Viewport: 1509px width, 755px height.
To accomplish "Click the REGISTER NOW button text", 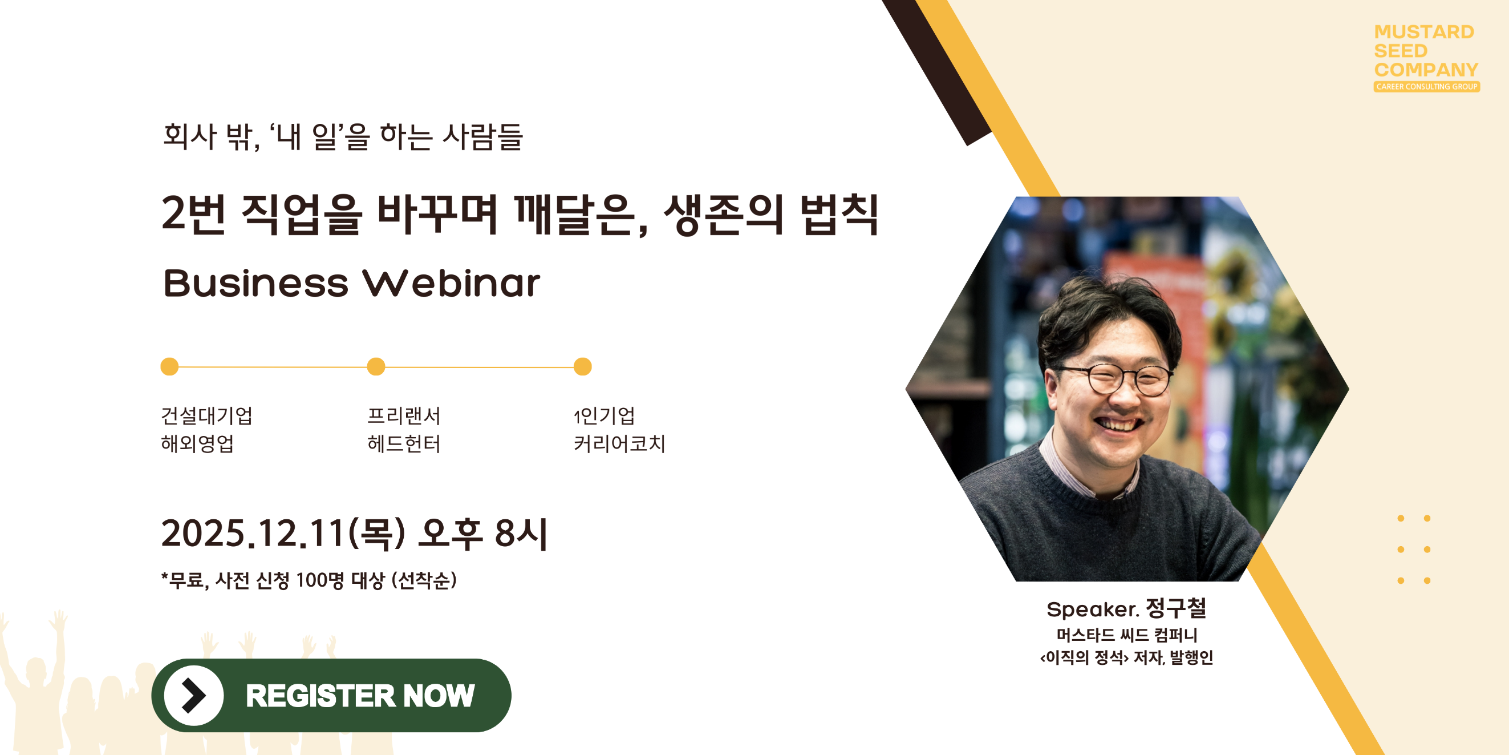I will pyautogui.click(x=360, y=696).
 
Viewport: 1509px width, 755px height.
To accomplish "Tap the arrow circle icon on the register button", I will pyautogui.click(x=193, y=695).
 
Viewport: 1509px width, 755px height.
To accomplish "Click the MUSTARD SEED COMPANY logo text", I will pyautogui.click(x=1425, y=51).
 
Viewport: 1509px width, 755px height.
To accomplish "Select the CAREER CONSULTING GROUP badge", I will pyautogui.click(x=1426, y=87).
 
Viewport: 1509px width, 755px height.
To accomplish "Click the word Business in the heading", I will pyautogui.click(x=255, y=284).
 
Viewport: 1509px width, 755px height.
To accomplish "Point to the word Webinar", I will pyautogui.click(x=451, y=284).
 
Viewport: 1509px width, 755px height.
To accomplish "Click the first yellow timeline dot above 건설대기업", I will pyautogui.click(x=169, y=366).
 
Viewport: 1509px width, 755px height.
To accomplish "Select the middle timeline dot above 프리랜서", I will pyautogui.click(x=376, y=366).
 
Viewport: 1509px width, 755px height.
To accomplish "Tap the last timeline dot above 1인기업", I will pyautogui.click(x=582, y=366).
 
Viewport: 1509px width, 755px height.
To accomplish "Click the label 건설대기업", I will pyautogui.click(x=207, y=415).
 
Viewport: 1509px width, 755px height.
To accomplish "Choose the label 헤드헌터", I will pyautogui.click(x=404, y=444).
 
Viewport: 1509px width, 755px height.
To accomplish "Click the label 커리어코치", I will pyautogui.click(x=619, y=444).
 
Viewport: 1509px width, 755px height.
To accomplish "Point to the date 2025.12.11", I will pyautogui.click(x=253, y=534).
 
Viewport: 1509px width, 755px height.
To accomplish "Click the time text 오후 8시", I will pyautogui.click(x=483, y=534).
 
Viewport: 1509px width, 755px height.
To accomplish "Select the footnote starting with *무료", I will pyautogui.click(x=309, y=580).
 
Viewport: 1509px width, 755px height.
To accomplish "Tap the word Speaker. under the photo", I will pyautogui.click(x=1093, y=609).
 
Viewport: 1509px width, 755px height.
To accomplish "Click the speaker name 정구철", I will pyautogui.click(x=1176, y=608).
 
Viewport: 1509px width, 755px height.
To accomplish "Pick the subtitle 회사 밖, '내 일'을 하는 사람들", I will pyautogui.click(x=343, y=136).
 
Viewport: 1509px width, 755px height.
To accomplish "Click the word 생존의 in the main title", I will pyautogui.click(x=724, y=215).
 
